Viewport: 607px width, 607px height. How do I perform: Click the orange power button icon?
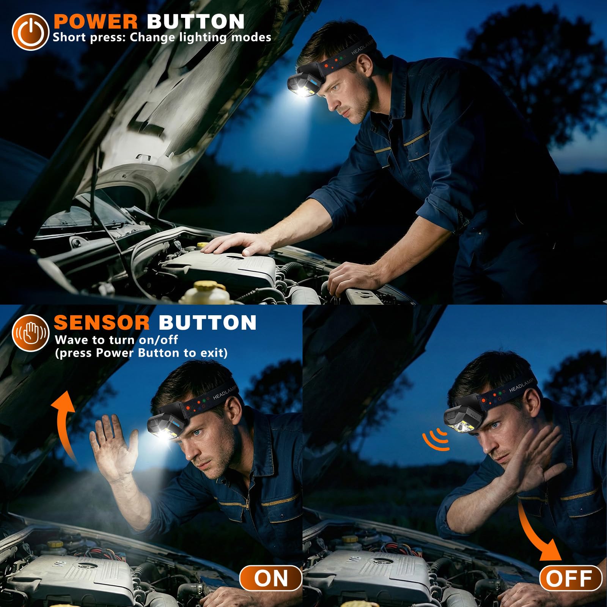[x=30, y=32]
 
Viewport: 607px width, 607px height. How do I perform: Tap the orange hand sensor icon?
[x=30, y=333]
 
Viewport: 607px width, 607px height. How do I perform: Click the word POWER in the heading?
[x=96, y=21]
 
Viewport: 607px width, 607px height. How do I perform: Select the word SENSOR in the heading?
[x=102, y=322]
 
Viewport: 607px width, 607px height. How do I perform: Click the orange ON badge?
[x=271, y=578]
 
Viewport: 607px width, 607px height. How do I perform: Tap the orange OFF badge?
[x=571, y=578]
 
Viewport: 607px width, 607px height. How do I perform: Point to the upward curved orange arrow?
[x=65, y=425]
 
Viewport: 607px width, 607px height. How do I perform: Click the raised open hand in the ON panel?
[x=114, y=448]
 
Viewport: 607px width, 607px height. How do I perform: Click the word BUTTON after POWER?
[x=196, y=21]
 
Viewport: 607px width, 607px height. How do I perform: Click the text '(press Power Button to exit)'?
[x=141, y=353]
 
